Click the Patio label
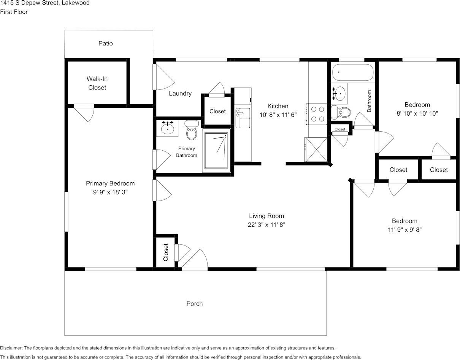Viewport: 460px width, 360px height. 105,43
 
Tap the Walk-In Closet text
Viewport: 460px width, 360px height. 97,83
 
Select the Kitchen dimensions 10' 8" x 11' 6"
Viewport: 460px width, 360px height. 278,115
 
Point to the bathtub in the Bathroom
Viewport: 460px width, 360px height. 353,72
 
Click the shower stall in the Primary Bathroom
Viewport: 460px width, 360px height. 216,150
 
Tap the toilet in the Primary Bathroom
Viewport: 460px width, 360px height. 192,130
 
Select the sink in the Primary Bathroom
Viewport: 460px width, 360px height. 167,128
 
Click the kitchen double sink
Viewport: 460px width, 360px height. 243,118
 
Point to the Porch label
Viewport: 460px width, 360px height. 195,304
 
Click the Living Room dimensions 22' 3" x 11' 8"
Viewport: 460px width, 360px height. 266,225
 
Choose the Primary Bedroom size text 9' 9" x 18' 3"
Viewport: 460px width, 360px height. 110,192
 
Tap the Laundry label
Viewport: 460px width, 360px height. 180,94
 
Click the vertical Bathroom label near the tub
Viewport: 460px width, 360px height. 369,101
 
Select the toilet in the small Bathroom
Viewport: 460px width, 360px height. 341,112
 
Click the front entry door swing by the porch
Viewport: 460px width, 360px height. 195,260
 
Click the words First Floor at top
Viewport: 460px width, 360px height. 14,12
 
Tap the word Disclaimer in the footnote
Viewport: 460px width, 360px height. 11,348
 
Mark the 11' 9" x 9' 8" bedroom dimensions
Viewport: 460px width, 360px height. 405,230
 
